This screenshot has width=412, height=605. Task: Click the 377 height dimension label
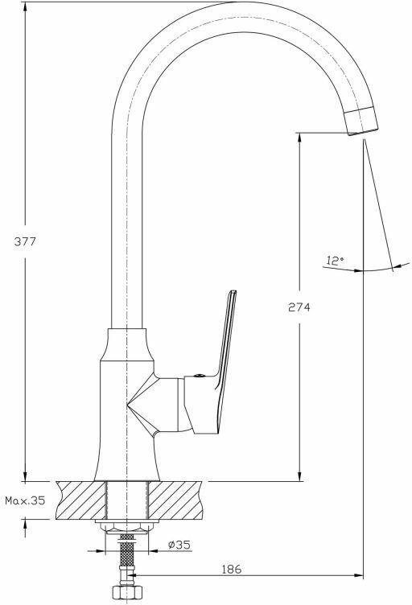click(x=25, y=242)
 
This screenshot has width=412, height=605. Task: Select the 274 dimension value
click(x=299, y=307)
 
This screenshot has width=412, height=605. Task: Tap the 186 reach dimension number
click(x=232, y=569)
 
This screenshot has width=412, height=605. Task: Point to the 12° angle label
click(x=335, y=261)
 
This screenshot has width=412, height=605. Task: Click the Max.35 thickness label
click(x=25, y=501)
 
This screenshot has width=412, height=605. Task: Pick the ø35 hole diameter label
click(x=179, y=545)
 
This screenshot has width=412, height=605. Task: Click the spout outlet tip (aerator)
click(x=362, y=121)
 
